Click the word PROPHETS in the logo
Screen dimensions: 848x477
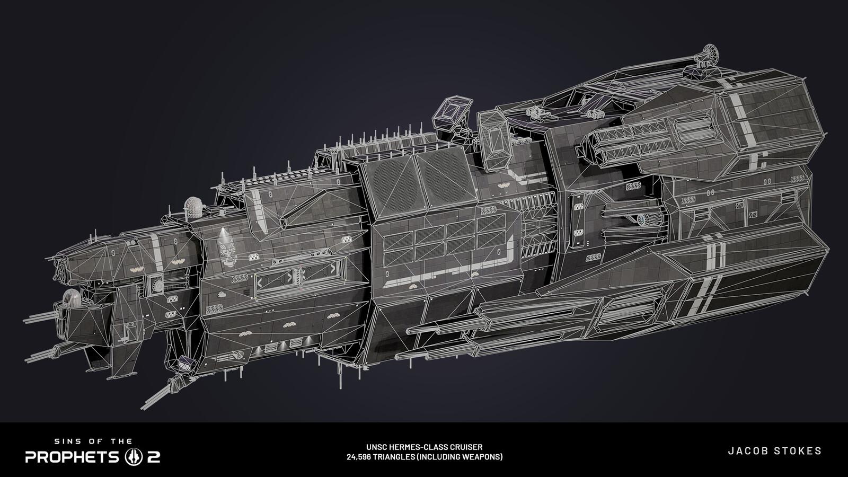pyautogui.click(x=72, y=457)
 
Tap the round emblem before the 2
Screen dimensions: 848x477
pyautogui.click(x=134, y=457)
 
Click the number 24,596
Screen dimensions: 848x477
pyautogui.click(x=358, y=457)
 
